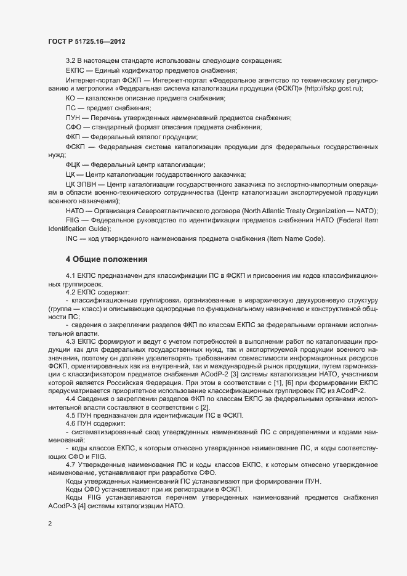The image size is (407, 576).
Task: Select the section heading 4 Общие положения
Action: click(x=106, y=259)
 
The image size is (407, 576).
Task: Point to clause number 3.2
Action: click(x=71, y=60)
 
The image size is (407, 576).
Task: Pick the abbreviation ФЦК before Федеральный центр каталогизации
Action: click(x=73, y=165)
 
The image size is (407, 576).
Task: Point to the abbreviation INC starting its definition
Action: click(x=71, y=238)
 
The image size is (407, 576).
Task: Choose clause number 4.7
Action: click(x=71, y=464)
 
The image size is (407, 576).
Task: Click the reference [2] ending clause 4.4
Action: click(x=205, y=407)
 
